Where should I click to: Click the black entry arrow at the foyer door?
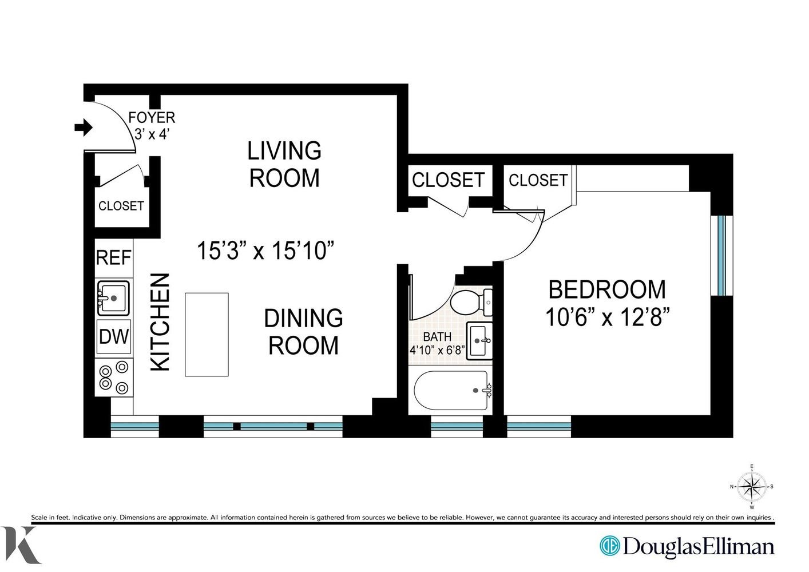point(84,128)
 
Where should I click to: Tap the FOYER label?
point(152,118)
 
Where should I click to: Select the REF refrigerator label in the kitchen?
point(113,258)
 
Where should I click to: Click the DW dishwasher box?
point(114,336)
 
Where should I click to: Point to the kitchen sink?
point(113,298)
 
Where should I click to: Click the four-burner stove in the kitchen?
point(114,378)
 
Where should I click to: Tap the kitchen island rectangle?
point(207,335)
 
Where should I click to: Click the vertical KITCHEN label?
point(160,322)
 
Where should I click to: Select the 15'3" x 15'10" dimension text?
point(266,251)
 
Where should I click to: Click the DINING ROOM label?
point(303,332)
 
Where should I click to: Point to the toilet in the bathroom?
point(471,302)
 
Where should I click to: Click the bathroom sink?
point(479,341)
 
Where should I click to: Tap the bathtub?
point(453,390)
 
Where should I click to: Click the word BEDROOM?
point(606,289)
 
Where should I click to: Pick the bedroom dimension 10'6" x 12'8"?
point(608,317)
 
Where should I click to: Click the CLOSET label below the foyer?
point(121,206)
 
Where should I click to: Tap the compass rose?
point(752,486)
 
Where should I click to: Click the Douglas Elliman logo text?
point(699,546)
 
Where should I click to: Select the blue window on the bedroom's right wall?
point(721,255)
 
